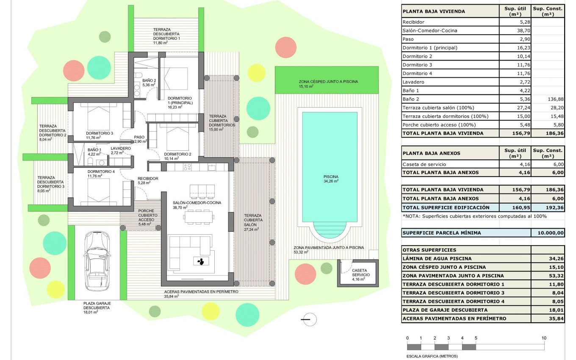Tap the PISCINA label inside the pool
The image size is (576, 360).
point(330,177)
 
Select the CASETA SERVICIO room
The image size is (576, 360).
point(360,273)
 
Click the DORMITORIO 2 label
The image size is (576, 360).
point(177,154)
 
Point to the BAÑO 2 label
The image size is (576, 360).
point(149,80)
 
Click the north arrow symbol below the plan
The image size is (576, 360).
point(310,319)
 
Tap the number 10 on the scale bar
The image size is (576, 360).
point(544,338)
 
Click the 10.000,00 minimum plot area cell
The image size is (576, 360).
point(548,233)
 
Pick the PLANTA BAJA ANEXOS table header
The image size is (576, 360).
point(431,153)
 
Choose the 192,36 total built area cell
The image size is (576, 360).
point(548,208)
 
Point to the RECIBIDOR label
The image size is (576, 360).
point(148,179)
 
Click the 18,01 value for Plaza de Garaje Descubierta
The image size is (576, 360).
point(548,310)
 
